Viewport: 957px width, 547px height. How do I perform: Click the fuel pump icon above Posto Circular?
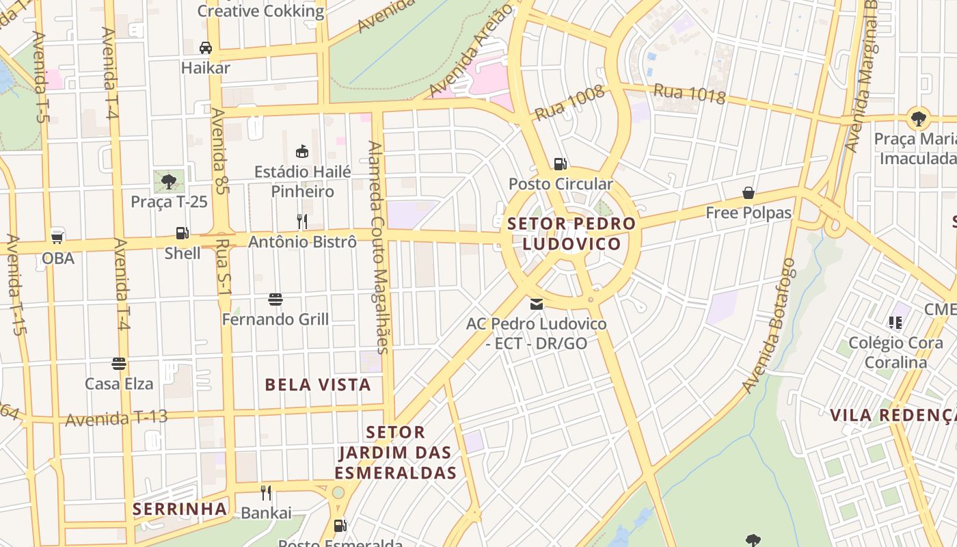[x=560, y=163]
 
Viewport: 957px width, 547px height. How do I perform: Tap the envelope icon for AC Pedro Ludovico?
[x=537, y=304]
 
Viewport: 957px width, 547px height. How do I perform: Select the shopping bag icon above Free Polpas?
[x=749, y=193]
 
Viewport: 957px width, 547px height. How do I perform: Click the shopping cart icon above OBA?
[x=57, y=237]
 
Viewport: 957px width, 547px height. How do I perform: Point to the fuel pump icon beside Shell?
[x=182, y=233]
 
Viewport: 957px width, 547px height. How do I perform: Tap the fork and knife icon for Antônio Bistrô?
[x=301, y=221]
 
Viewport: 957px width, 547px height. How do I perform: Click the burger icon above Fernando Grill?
[x=275, y=299]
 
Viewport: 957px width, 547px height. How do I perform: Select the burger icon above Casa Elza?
[x=119, y=363]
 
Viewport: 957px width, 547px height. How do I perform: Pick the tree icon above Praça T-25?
[x=168, y=181]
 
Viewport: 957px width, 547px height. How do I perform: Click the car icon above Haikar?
[x=205, y=48]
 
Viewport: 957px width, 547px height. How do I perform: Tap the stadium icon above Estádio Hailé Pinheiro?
[x=301, y=151]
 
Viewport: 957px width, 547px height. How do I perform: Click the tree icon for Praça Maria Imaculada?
[x=919, y=118]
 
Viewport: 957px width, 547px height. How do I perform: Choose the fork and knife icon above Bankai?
[x=266, y=492]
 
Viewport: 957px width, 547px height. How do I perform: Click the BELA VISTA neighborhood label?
[x=318, y=385]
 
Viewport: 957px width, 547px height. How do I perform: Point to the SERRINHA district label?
[x=180, y=509]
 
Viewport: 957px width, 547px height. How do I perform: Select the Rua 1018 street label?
[x=689, y=93]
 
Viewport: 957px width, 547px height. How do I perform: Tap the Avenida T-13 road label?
[x=116, y=418]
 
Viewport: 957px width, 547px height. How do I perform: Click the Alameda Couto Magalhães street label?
[x=379, y=247]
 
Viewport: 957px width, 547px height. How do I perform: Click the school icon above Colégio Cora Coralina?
[x=895, y=322]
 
